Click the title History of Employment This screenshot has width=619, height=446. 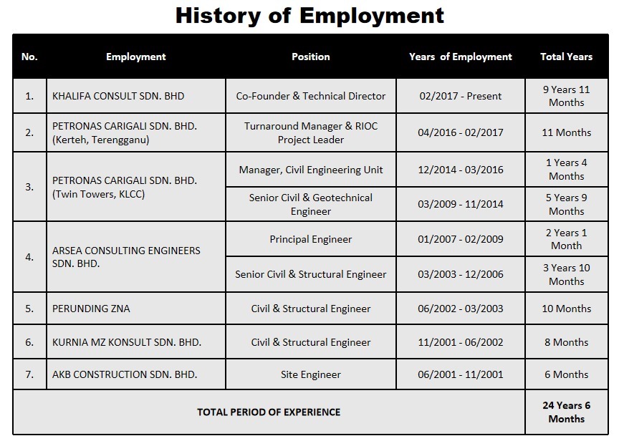tap(309, 16)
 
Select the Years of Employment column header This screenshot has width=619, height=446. tap(461, 57)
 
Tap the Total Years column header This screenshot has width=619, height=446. tap(566, 57)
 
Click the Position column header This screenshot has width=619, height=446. tap(311, 57)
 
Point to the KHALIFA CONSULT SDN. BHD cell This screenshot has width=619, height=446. tap(118, 96)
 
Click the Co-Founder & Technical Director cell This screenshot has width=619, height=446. tap(311, 96)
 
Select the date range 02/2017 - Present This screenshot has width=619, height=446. tap(461, 96)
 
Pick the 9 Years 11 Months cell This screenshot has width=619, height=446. tap(566, 96)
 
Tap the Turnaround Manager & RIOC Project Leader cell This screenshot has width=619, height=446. tap(311, 132)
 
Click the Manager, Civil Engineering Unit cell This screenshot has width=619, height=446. tap(311, 170)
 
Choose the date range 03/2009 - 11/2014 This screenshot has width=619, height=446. tap(461, 204)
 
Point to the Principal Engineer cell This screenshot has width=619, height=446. tap(311, 239)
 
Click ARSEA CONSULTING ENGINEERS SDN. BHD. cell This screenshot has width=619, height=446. tap(126, 257)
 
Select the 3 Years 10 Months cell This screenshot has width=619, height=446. tap(566, 274)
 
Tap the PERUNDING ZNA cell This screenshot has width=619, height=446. tap(91, 309)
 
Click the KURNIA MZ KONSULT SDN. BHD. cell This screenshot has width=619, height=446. tap(127, 342)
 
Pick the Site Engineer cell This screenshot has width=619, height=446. tap(311, 374)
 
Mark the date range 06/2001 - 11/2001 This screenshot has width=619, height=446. tap(461, 374)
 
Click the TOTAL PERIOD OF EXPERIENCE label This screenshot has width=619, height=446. tap(269, 412)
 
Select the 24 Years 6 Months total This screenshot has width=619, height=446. tap(566, 412)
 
